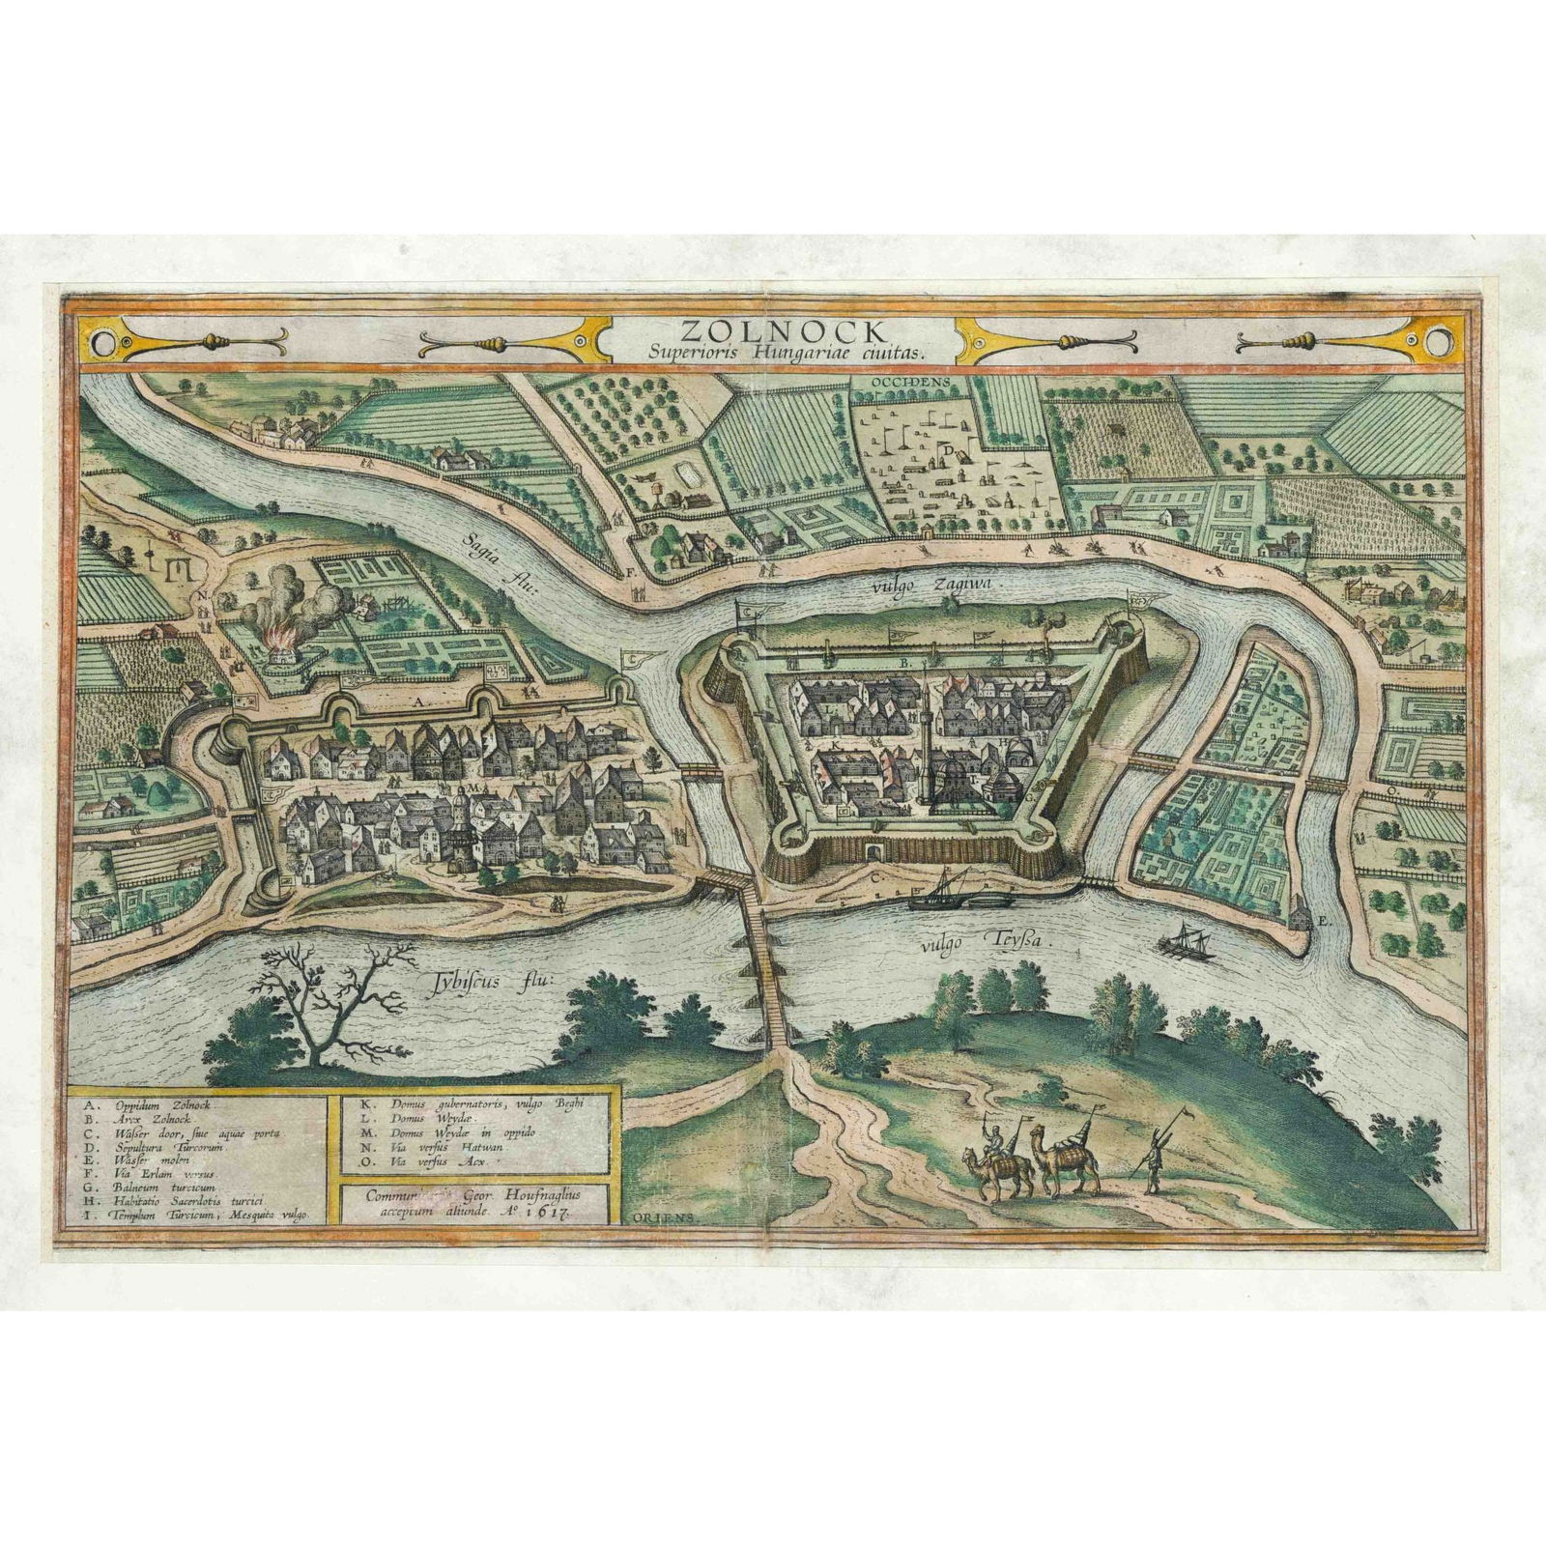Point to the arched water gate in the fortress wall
pos(874,850)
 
